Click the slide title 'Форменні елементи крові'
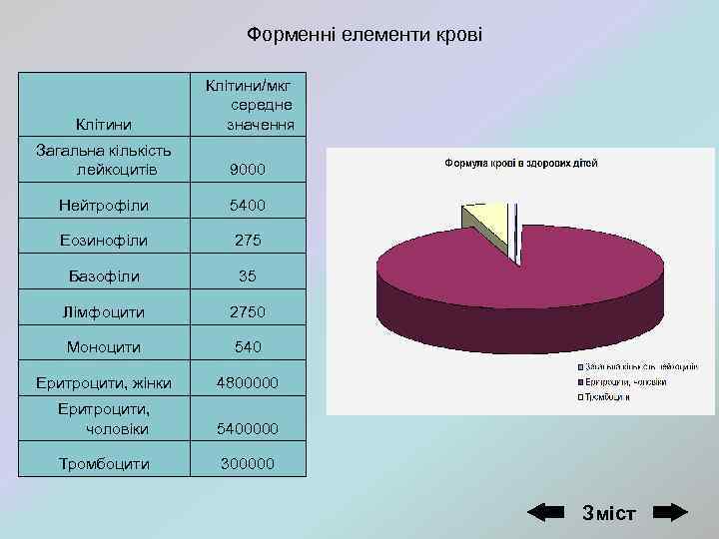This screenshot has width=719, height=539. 364,35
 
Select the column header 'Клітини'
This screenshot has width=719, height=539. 103,125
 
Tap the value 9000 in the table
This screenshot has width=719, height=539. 247,171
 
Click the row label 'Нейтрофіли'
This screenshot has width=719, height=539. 104,206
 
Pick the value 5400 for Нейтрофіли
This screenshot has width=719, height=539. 247,206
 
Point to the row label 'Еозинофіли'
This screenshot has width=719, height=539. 104,241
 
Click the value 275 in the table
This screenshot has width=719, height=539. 247,241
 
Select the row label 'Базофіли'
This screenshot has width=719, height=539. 104,275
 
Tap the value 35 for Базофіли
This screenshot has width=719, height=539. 247,275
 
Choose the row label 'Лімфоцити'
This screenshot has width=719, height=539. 104,311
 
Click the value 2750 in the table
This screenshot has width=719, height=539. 247,311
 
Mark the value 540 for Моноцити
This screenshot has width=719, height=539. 247,347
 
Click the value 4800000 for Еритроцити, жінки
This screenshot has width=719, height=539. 247,382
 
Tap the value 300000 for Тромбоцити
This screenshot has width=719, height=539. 247,464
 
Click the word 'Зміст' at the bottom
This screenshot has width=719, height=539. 608,512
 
